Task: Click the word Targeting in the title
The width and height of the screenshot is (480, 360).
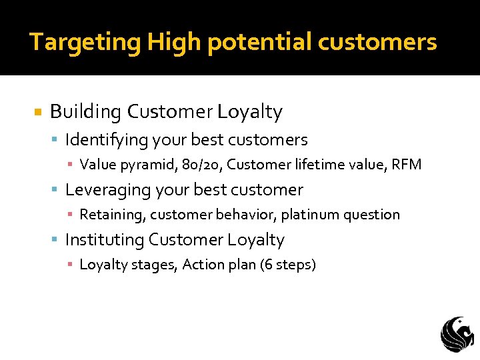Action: coord(85,43)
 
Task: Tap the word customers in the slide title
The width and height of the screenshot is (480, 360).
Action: coord(377,43)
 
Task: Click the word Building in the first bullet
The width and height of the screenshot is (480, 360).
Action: coord(86,112)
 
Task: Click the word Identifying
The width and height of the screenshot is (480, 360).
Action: coord(106,140)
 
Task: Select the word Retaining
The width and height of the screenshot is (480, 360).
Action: coord(112,215)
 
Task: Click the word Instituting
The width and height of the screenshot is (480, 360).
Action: coord(105,240)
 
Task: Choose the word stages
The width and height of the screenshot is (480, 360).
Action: coord(153,265)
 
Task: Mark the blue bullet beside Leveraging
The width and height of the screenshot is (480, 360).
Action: coord(55,190)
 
